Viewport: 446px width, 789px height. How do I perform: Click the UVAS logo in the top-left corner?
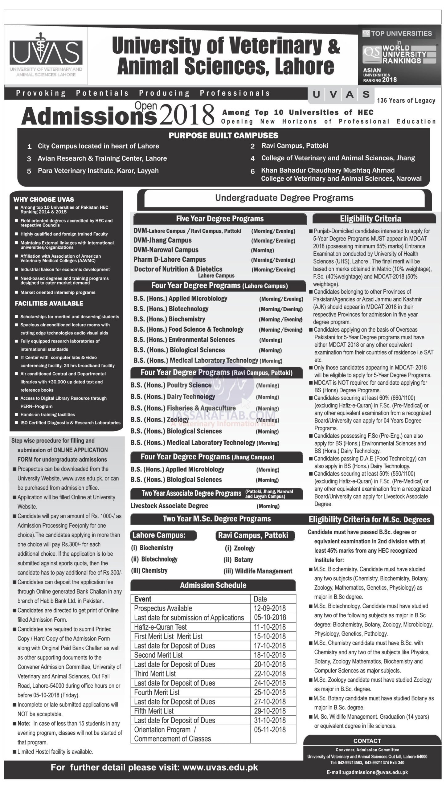46,55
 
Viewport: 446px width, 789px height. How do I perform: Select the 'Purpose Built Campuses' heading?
223,135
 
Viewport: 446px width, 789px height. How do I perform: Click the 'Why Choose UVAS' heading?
44,199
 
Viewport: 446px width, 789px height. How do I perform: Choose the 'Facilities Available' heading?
49,303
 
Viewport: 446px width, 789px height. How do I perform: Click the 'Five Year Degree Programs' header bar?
220,219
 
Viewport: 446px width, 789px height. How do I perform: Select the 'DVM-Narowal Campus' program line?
166,250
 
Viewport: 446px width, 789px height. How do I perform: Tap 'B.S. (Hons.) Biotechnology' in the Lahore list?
171,309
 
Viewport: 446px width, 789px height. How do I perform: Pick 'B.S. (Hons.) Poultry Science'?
171,385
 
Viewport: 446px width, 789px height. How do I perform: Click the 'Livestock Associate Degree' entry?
169,506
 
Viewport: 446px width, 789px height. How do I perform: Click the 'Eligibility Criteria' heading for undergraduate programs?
370,219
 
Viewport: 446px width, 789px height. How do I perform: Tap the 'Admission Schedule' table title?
213,585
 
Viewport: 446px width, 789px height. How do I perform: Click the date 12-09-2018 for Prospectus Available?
270,608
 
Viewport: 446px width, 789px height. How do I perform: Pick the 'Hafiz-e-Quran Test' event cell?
160,627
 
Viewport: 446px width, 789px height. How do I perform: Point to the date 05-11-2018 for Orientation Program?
270,730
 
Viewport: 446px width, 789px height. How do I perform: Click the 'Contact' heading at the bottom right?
367,741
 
